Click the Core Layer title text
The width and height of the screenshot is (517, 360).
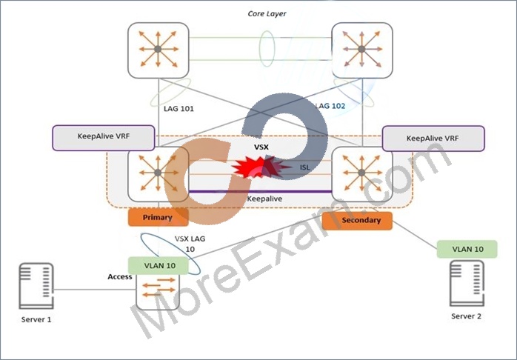pos(267,13)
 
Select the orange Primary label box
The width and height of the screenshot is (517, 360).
pos(158,217)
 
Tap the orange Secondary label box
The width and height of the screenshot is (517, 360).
pos(358,221)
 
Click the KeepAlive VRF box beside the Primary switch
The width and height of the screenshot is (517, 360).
pos(104,138)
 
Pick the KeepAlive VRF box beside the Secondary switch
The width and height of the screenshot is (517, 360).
pos(433,139)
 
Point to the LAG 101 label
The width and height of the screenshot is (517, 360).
pos(179,108)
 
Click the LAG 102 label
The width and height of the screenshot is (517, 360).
pos(330,106)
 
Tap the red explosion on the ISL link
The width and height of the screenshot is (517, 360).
pos(261,167)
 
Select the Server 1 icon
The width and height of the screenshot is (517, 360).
pos(36,285)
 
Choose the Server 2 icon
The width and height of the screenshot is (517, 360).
pos(467,283)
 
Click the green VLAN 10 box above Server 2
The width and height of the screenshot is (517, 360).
pos(467,249)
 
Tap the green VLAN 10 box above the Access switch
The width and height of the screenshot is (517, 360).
pos(159,266)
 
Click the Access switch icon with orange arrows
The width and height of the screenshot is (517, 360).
pos(159,291)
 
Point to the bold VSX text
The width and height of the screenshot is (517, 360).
pos(261,147)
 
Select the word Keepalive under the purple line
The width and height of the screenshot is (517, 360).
pos(264,199)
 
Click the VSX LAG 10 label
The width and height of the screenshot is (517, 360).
pos(190,244)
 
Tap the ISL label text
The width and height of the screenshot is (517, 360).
pos(304,167)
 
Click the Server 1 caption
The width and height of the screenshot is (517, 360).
pos(36,319)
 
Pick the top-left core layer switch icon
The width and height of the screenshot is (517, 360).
pos(159,50)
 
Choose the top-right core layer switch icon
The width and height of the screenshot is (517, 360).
pos(362,50)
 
